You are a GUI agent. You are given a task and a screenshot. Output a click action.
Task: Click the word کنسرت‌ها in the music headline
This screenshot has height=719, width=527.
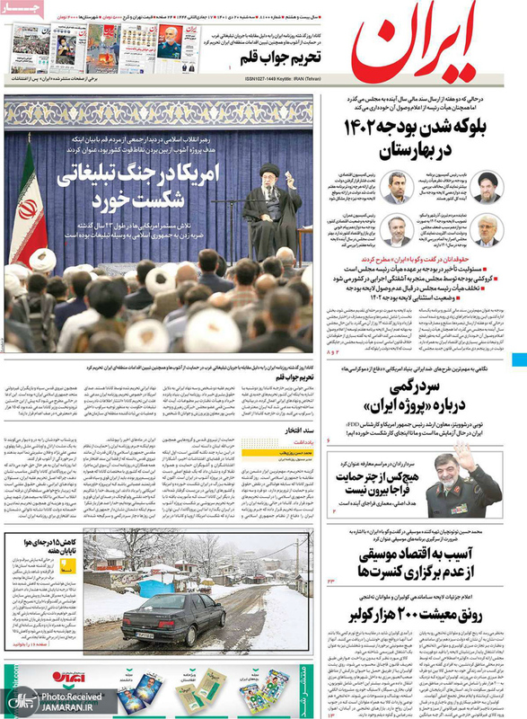pos(368,572)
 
